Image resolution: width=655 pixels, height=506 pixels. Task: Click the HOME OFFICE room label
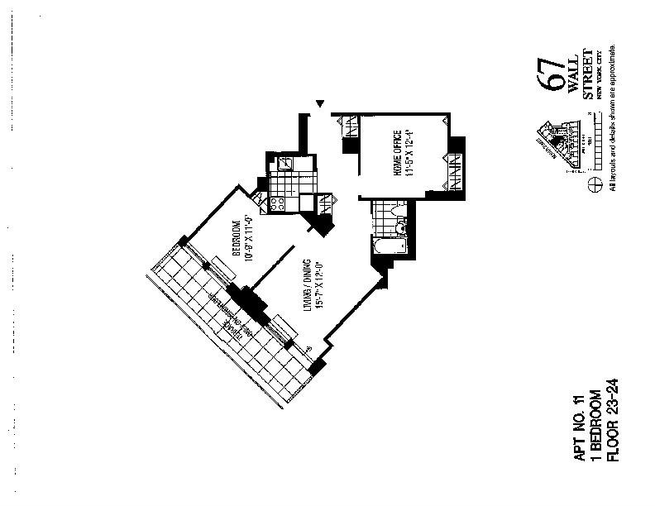[397, 154]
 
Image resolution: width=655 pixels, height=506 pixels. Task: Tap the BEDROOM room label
[235, 238]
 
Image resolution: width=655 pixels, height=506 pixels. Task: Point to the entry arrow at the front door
[320, 104]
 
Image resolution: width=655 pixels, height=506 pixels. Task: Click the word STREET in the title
[589, 79]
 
